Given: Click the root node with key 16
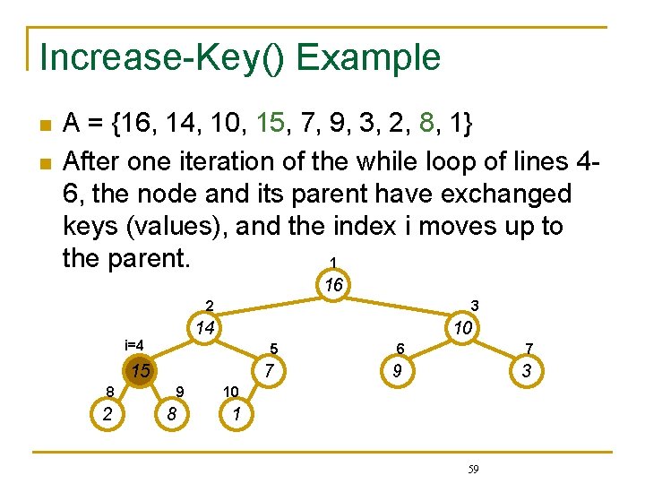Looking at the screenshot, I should point(335,286).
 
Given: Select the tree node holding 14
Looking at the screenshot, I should point(205,328).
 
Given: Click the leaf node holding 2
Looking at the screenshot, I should point(107,414).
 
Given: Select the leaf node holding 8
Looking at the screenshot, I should point(171,414).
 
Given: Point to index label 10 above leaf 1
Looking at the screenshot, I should point(230,392).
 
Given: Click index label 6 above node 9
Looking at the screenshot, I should point(400,348).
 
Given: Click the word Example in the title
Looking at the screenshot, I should point(369,57).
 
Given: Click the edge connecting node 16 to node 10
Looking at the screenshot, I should point(399,307).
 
